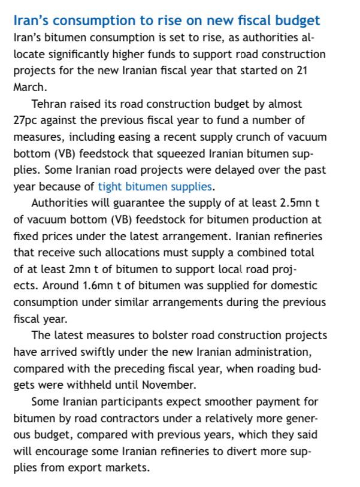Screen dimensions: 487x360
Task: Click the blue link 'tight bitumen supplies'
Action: [155, 186]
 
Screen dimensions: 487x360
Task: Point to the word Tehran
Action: [49, 104]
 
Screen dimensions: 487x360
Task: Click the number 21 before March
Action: [302, 71]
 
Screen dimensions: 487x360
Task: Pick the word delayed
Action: [247, 170]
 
